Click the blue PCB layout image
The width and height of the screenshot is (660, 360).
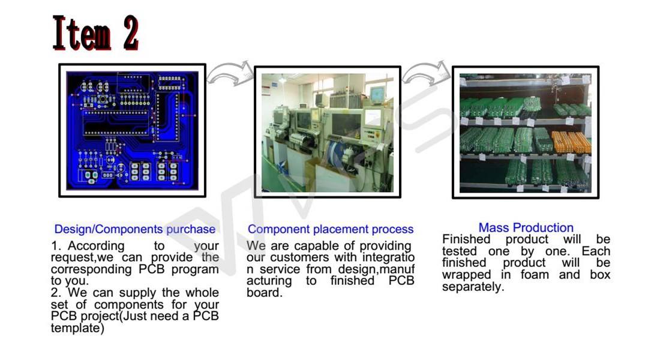pyautogui.click(x=132, y=130)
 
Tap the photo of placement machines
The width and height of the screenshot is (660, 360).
pyautogui.click(x=327, y=132)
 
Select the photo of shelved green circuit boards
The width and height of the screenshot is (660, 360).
pyautogui.click(x=525, y=132)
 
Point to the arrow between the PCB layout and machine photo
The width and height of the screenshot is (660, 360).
pyautogui.click(x=229, y=73)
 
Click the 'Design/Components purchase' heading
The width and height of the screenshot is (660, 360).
pyautogui.click(x=134, y=229)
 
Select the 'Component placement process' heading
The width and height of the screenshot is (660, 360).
pyautogui.click(x=331, y=229)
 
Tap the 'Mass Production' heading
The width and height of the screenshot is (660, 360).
pyautogui.click(x=526, y=227)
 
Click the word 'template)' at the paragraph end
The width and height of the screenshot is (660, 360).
pyautogui.click(x=77, y=328)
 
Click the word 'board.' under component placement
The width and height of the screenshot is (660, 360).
pyautogui.click(x=264, y=293)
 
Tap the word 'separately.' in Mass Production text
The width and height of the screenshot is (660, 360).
pyautogui.click(x=473, y=287)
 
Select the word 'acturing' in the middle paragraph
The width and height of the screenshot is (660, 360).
pyautogui.click(x=269, y=281)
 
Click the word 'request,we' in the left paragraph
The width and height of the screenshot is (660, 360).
pyautogui.click(x=78, y=257)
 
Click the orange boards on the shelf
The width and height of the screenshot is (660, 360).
pyautogui.click(x=570, y=142)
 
